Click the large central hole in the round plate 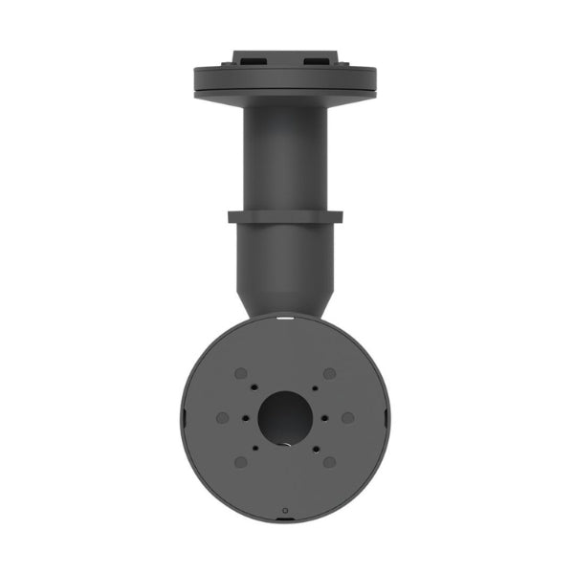(x=285, y=417)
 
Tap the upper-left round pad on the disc (x=242, y=373)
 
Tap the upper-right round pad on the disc (x=329, y=373)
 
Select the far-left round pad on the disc (x=223, y=418)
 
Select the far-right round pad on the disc (x=348, y=418)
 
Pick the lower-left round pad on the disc (x=242, y=462)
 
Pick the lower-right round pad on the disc (x=329, y=462)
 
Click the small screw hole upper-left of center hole (x=257, y=389)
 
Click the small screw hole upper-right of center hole (x=314, y=389)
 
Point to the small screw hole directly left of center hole (x=246, y=418)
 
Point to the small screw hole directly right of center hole (x=325, y=418)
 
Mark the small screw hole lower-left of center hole (x=257, y=446)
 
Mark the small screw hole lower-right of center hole (x=314, y=446)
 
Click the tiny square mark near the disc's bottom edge (x=285, y=510)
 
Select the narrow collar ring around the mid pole (x=285, y=216)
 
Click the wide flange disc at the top (x=285, y=80)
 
